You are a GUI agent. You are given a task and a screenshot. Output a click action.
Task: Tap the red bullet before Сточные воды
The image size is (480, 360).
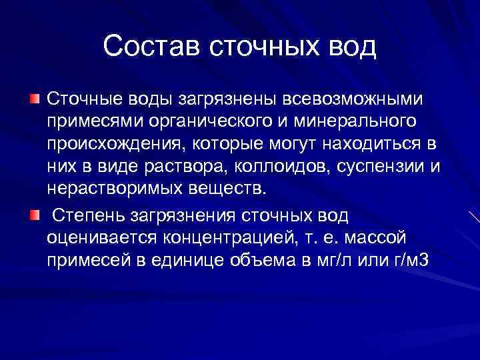tap(34, 99)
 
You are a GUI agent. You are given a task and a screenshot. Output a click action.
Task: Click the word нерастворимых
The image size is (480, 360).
tap(117, 187)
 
